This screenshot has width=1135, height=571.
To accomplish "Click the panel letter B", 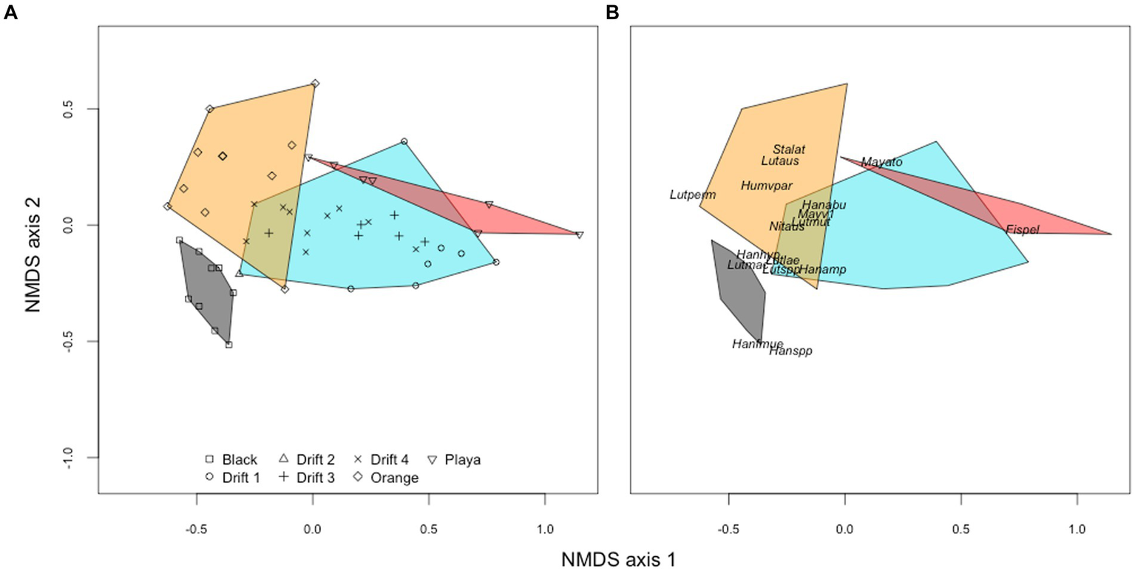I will [x=612, y=13].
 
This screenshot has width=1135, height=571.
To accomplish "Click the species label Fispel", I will [x=1023, y=230].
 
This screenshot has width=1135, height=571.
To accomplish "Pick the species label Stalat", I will [x=789, y=149].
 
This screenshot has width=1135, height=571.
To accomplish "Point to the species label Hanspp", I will [x=790, y=351].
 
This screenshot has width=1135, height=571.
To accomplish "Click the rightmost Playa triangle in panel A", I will [x=580, y=235].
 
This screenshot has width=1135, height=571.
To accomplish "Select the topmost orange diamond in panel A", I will [x=315, y=84].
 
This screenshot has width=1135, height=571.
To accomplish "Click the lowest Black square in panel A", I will [x=229, y=345].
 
